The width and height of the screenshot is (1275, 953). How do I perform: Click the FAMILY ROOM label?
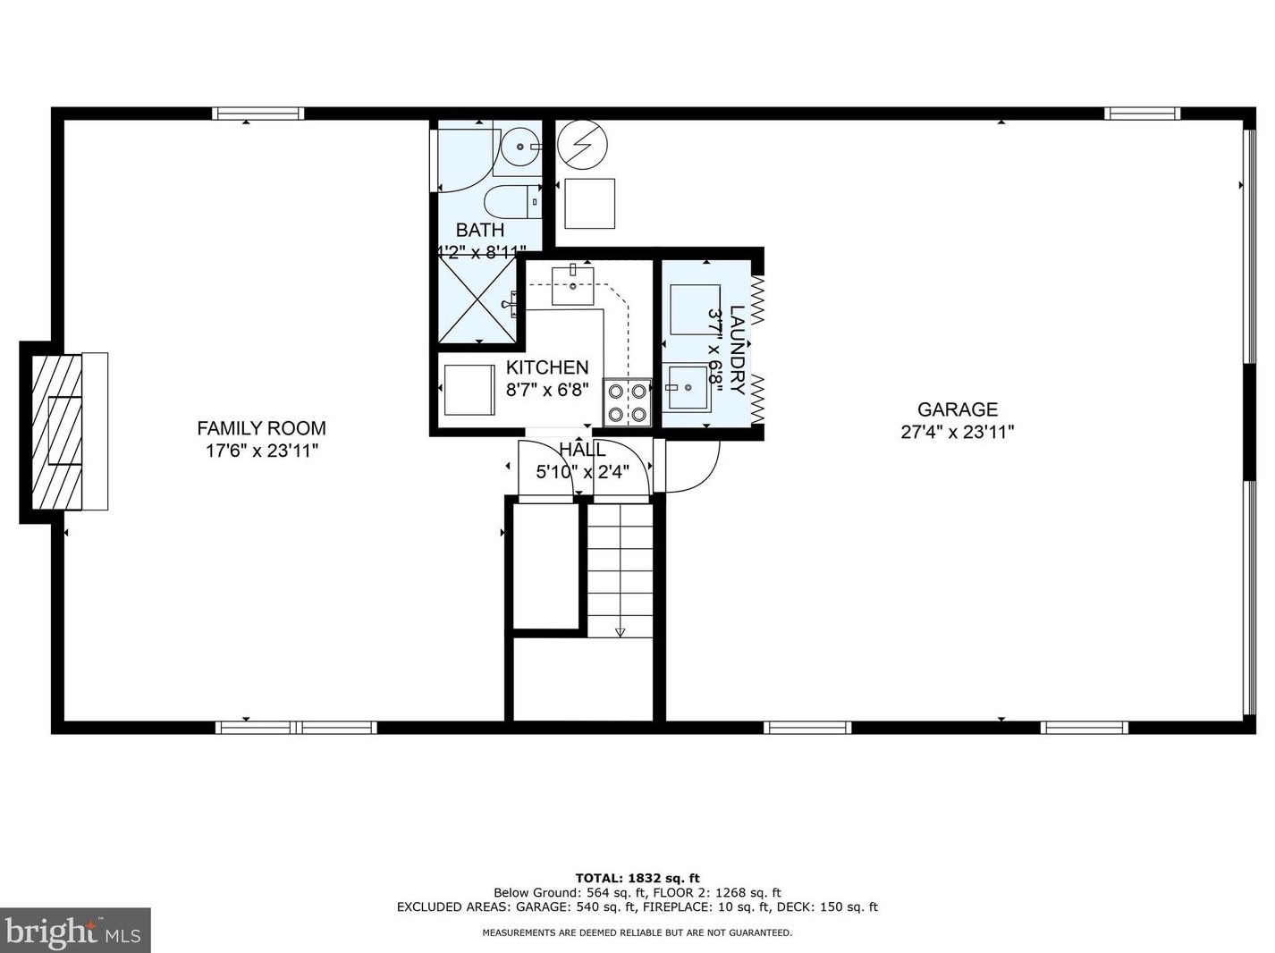pyautogui.click(x=261, y=428)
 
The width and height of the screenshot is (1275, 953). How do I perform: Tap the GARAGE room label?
pyautogui.click(x=957, y=409)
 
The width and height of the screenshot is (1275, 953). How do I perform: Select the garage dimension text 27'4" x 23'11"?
pyautogui.click(x=957, y=433)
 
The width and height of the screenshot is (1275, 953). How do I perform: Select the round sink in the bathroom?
pyautogui.click(x=518, y=147)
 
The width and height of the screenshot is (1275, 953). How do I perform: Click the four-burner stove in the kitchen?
pyautogui.click(x=628, y=401)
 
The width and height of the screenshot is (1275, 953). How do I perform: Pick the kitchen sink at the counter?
pyautogui.click(x=572, y=285)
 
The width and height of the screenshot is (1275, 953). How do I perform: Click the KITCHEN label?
pyautogui.click(x=547, y=367)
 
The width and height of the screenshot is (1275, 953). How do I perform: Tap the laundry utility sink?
pyautogui.click(x=686, y=387)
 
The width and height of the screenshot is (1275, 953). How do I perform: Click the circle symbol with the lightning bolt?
pyautogui.click(x=582, y=144)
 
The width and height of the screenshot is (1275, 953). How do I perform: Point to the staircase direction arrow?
pyautogui.click(x=621, y=631)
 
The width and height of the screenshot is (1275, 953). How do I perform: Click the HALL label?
pyautogui.click(x=582, y=450)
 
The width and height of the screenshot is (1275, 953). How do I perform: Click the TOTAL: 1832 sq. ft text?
pyautogui.click(x=637, y=878)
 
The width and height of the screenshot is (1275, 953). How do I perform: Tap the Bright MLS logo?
pyautogui.click(x=75, y=931)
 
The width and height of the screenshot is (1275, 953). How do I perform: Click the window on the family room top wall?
pyautogui.click(x=258, y=114)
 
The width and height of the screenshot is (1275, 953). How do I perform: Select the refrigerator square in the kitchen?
pyautogui.click(x=469, y=390)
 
